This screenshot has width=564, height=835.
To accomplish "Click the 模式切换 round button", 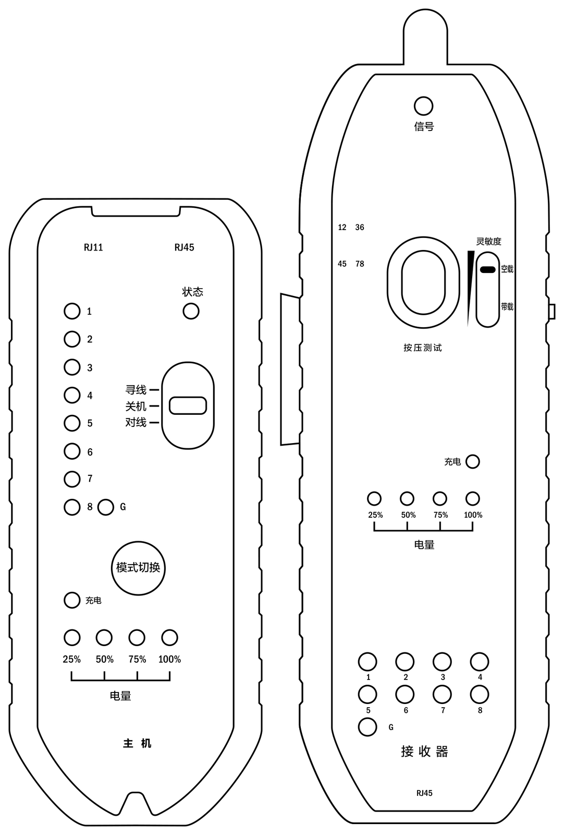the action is click(x=138, y=568).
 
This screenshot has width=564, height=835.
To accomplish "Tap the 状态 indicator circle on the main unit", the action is click(x=191, y=311).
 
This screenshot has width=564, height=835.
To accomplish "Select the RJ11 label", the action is click(x=93, y=247).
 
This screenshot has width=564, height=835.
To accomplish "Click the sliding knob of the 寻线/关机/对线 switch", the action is click(x=188, y=405).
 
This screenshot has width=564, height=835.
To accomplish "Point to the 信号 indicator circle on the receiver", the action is click(x=423, y=106).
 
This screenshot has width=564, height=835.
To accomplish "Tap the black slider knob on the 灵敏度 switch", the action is click(x=488, y=269).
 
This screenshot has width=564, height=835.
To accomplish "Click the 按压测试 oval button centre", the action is click(x=423, y=282).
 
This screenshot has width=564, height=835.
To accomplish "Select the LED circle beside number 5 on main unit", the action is click(x=72, y=423).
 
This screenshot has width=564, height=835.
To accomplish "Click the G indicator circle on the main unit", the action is click(x=106, y=507).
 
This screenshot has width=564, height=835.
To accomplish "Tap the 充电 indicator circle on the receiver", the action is click(x=473, y=461).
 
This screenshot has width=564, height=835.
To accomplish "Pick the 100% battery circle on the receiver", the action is click(x=473, y=498).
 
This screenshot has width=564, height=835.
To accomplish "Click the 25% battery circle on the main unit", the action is click(x=72, y=638).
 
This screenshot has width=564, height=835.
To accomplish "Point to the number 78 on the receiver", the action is click(x=360, y=264).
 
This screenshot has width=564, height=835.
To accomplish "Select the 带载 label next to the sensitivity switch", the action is click(x=507, y=307).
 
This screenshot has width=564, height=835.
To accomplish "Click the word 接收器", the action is click(x=424, y=751).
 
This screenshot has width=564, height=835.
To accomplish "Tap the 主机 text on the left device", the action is click(x=138, y=744).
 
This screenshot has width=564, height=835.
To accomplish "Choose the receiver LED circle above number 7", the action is click(x=442, y=695).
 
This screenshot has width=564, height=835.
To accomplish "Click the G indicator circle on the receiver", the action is click(x=367, y=727).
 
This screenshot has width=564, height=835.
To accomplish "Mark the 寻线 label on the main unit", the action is click(x=136, y=390).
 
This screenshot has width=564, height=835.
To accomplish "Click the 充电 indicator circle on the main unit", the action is click(x=72, y=600).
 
